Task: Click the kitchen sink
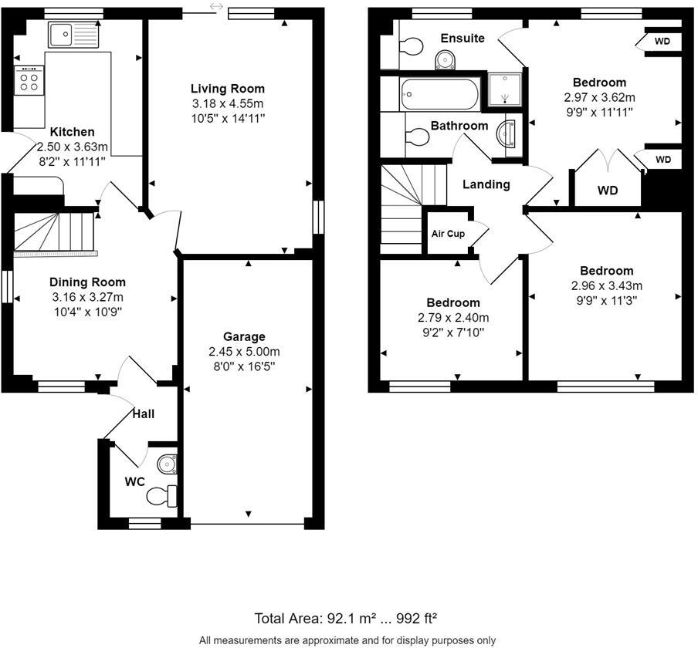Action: pos(73,34)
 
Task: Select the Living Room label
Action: pos(228,89)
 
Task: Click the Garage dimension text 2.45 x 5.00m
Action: pos(244,351)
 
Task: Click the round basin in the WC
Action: pos(167,464)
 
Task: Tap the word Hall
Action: pos(144,414)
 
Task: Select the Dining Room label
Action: pos(87,282)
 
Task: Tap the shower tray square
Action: pos(505,90)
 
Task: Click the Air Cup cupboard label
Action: pos(448,234)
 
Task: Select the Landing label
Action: pos(486,184)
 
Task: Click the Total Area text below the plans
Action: pos(347,618)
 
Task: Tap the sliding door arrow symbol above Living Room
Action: pos(216,6)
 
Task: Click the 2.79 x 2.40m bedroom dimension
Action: pos(453,317)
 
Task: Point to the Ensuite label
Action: pos(463,38)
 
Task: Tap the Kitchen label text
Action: pos(73,132)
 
